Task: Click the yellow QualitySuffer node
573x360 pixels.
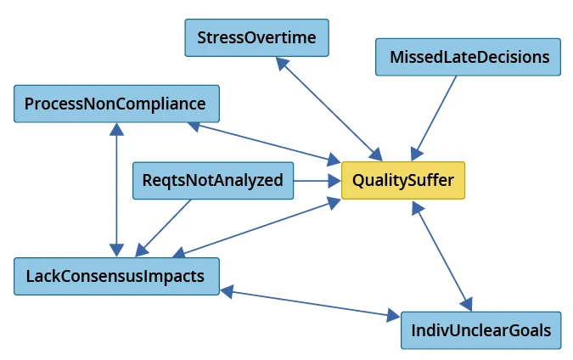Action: tap(403, 180)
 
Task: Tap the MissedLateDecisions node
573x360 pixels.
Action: tap(469, 57)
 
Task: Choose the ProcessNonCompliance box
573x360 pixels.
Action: tap(115, 104)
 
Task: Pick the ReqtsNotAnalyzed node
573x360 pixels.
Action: tap(213, 180)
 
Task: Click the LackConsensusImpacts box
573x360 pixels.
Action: tap(115, 277)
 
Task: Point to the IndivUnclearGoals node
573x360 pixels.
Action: tap(480, 329)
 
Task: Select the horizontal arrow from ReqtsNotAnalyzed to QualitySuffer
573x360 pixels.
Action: tap(316, 180)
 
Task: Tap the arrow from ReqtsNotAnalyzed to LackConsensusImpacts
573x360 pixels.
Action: tap(166, 225)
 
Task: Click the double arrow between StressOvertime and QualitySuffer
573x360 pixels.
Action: tap(331, 110)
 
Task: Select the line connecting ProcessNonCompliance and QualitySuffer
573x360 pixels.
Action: tap(263, 141)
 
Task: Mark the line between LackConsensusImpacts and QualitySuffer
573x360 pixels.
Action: tap(255, 228)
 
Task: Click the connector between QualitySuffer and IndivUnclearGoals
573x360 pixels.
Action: tap(441, 256)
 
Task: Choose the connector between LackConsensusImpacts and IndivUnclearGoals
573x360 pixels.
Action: tap(310, 304)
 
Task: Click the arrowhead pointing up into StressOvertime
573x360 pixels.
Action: tap(284, 65)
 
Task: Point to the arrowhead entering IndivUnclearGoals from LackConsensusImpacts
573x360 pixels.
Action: tap(393, 317)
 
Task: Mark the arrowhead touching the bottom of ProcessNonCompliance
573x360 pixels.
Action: tap(116, 129)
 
